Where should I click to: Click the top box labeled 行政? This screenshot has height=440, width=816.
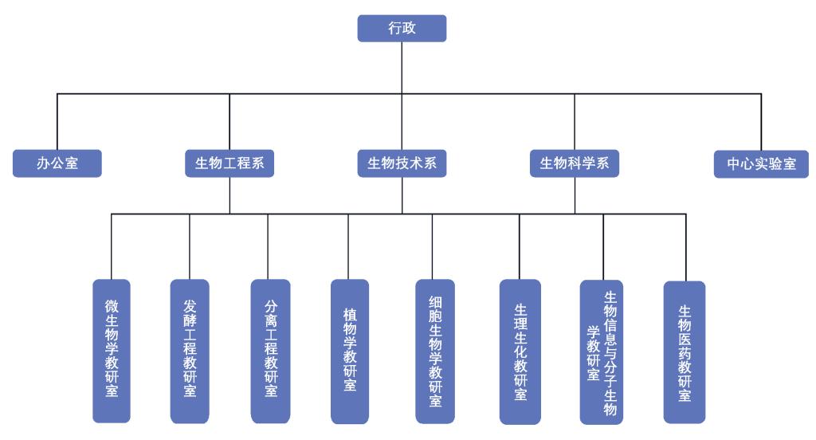click(x=402, y=28)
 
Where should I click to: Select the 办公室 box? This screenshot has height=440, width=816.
click(x=57, y=164)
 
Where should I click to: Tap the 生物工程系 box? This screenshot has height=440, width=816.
click(x=229, y=164)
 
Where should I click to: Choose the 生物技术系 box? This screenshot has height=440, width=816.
click(x=402, y=164)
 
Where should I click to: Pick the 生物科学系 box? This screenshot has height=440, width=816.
click(x=574, y=164)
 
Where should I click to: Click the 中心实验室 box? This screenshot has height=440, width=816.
click(x=762, y=164)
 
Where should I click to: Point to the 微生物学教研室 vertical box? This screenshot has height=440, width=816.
click(x=112, y=351)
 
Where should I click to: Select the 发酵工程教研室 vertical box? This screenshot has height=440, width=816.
click(x=190, y=351)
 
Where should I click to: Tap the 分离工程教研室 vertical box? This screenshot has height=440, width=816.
click(x=269, y=351)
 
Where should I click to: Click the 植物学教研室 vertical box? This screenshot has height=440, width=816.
click(x=349, y=351)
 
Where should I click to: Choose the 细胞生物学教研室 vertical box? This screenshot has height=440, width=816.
click(x=434, y=351)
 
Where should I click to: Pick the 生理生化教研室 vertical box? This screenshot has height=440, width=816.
click(x=520, y=351)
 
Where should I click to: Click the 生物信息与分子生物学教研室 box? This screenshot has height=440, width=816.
click(x=603, y=351)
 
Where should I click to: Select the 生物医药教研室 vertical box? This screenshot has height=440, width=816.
click(x=684, y=351)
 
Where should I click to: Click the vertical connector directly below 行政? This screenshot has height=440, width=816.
click(x=402, y=68)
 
